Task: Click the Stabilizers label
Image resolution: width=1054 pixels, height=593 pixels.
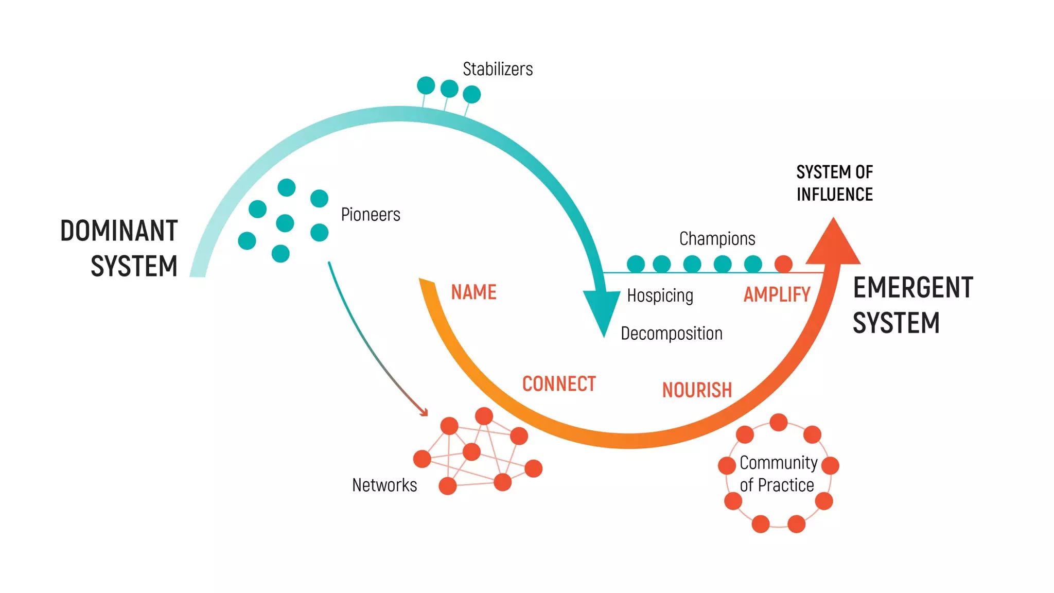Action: [x=498, y=69]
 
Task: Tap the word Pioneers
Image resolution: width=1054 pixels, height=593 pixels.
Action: [x=371, y=215]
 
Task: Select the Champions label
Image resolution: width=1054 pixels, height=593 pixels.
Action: [x=717, y=239]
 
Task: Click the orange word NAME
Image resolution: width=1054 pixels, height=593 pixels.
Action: [x=473, y=292]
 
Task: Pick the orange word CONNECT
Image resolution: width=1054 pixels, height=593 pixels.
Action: [x=559, y=384]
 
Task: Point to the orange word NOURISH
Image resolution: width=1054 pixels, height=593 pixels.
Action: [x=697, y=390]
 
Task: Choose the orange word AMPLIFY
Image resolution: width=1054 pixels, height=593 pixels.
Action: [x=777, y=294]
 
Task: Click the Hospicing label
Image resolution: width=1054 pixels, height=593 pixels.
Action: [x=660, y=295]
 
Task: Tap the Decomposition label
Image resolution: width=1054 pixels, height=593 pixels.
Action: [x=672, y=334]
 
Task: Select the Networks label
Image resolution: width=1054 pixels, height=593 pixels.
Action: [x=384, y=485]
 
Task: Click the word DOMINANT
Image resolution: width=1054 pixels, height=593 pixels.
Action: [x=119, y=231]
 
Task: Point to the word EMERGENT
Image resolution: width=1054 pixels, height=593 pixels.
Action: [x=913, y=287]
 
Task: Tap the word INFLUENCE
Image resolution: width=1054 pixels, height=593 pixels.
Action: [x=834, y=195]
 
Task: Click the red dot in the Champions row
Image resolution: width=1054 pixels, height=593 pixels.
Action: [x=783, y=264]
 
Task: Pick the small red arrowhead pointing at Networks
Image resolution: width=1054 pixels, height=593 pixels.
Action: [x=424, y=412]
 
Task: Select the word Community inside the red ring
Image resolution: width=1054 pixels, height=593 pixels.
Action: [x=778, y=463]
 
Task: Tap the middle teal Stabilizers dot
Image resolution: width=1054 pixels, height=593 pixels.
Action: [x=449, y=89]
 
